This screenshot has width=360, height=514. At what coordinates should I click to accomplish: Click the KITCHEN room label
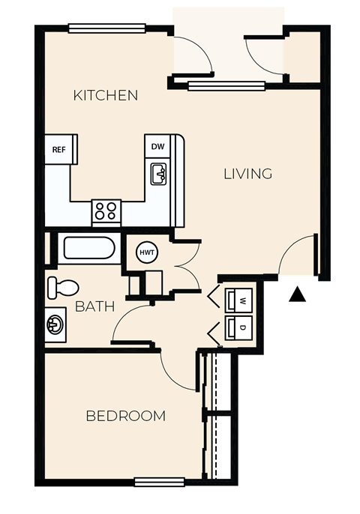click(x=106, y=95)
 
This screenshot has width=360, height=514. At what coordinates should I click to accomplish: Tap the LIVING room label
click(x=247, y=174)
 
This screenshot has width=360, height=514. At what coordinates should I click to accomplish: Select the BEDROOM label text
click(x=125, y=416)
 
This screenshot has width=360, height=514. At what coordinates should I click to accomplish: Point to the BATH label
click(x=94, y=306)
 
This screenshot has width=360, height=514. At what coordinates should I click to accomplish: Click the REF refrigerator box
click(x=59, y=149)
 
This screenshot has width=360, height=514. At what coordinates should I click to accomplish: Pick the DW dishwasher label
click(x=157, y=147)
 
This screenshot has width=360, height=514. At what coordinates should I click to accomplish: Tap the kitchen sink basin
click(x=158, y=175)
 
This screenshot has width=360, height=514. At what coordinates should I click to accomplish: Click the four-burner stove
click(x=106, y=211)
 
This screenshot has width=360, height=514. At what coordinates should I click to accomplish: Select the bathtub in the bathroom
click(x=88, y=248)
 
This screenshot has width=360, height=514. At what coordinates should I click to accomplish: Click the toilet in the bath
click(x=62, y=287)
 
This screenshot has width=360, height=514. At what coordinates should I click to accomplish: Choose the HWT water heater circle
click(x=146, y=253)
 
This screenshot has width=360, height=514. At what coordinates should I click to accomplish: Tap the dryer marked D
click(x=241, y=327)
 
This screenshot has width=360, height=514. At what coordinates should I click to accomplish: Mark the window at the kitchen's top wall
click(x=106, y=29)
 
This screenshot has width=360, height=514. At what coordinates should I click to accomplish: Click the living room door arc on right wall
click(x=297, y=256)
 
